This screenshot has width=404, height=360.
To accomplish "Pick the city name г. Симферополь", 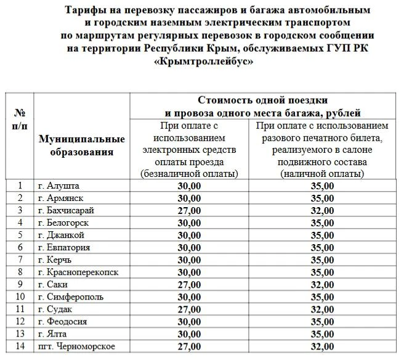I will pos(70,297).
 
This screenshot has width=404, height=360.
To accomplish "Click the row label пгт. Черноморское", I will pos(76,346).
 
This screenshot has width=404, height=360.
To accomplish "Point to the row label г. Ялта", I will pos(55,333).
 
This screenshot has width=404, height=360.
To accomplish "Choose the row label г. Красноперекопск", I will pos(78,272).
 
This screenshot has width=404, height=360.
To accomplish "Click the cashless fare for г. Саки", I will pos(189,284).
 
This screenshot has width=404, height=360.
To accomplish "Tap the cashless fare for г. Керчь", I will pos(189,260).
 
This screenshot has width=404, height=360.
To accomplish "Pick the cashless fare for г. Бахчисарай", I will pos(189,210).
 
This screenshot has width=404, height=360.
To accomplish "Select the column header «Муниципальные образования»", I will pos(81,146).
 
